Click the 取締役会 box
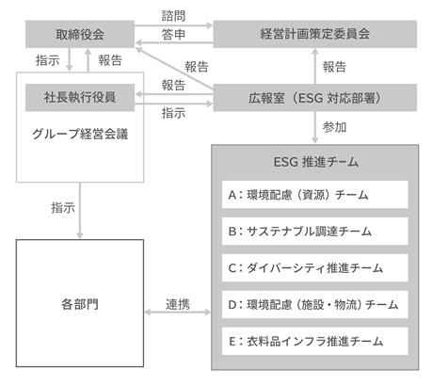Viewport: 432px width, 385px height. (x=80, y=34)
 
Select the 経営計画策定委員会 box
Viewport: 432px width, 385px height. (x=315, y=34)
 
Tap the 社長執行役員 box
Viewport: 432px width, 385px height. (x=80, y=98)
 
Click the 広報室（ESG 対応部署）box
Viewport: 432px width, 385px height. (x=315, y=98)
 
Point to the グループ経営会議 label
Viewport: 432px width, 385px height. (x=80, y=134)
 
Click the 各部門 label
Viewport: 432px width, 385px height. (x=80, y=304)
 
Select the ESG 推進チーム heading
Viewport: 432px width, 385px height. (x=316, y=162)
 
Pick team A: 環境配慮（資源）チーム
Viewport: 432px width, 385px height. (x=315, y=195)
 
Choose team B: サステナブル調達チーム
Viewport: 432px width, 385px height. (x=315, y=232)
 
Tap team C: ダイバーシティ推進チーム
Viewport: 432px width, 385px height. (x=315, y=268)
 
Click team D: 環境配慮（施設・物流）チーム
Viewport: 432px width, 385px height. (x=315, y=305)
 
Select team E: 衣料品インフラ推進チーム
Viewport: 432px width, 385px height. (x=315, y=342)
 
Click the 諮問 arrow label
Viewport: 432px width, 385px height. (x=173, y=16)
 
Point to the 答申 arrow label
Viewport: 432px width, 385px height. (x=173, y=34)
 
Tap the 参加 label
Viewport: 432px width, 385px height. (x=334, y=127)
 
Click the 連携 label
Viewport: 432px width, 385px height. (x=178, y=304)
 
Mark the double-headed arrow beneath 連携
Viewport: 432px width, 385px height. (x=178, y=313)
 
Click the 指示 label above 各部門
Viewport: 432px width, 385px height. (x=63, y=208)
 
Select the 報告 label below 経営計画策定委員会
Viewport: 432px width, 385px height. (x=334, y=67)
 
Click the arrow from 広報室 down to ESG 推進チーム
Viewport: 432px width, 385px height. (x=315, y=127)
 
